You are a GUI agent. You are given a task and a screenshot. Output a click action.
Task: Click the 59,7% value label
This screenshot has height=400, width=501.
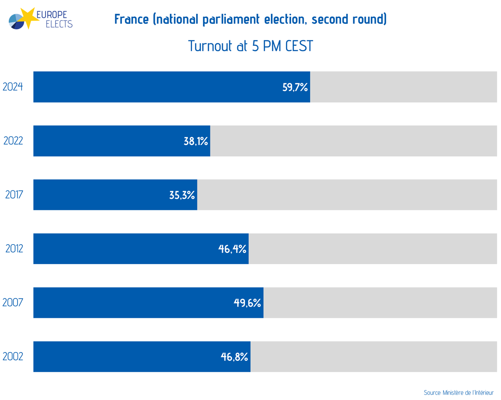coord(295,87)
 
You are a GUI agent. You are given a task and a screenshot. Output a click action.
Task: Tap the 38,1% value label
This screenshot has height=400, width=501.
coord(195,141)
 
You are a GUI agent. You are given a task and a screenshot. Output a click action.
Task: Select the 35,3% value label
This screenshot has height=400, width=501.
coord(182,195)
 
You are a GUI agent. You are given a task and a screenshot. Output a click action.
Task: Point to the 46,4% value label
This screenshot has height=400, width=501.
coord(232,249)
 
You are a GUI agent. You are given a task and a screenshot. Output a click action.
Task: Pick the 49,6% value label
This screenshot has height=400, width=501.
coord(247,303)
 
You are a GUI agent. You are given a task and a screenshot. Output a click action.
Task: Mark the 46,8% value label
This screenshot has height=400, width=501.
coord(234,357)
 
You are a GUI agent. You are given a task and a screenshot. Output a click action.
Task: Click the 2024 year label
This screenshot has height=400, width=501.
coord(13,87)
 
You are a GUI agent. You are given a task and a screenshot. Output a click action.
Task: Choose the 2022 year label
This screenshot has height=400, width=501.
coord(13,141)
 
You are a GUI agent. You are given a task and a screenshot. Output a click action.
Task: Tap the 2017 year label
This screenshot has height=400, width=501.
coord(14,195)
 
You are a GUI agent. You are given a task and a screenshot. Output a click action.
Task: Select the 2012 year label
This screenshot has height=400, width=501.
coord(14,249)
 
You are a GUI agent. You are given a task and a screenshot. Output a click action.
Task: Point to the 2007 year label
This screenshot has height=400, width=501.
coord(13,303)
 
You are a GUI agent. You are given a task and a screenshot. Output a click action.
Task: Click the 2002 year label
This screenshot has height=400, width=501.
coord(13,357)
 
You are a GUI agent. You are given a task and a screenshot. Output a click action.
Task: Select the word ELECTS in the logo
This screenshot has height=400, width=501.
coord(58,24)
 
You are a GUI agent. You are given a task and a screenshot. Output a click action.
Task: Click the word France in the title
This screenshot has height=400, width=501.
coord(132,20)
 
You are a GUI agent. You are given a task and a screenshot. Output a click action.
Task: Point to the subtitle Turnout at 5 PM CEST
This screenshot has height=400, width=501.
coord(250,46)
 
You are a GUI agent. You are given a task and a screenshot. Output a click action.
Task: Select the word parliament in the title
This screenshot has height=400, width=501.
coord(228,20)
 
